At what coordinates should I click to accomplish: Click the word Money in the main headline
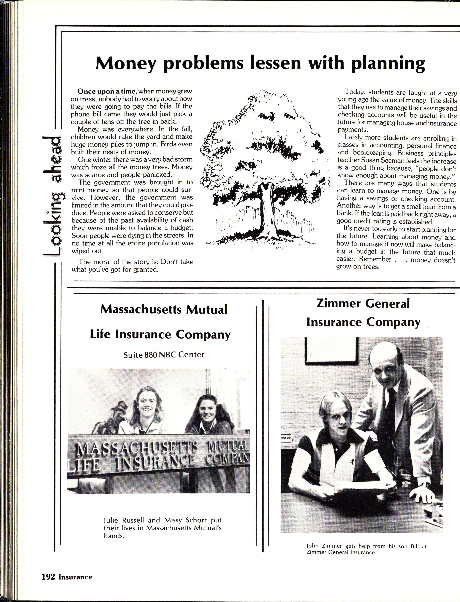[x=125, y=64]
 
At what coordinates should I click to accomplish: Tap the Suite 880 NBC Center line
[x=164, y=355]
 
